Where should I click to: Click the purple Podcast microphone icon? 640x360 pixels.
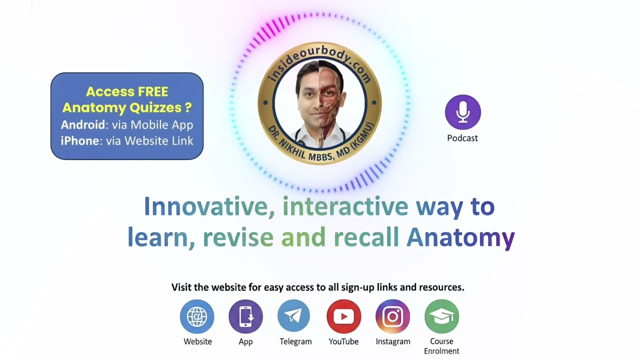(462, 112)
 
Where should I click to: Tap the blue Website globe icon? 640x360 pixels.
(197, 316)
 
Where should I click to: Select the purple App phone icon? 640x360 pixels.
(245, 316)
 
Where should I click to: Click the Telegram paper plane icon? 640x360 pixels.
(294, 316)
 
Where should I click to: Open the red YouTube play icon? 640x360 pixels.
(343, 316)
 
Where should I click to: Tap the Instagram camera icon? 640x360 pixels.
(392, 316)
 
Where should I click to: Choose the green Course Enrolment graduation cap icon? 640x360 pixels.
(441, 316)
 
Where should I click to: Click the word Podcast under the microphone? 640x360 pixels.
(462, 138)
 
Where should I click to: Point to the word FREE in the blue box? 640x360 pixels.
(149, 92)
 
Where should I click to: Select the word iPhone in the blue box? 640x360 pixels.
(79, 141)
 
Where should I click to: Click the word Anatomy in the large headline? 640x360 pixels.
(460, 237)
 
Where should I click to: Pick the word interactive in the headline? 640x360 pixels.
(345, 206)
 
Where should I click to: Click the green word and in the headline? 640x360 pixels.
(303, 237)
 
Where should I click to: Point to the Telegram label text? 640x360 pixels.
(295, 341)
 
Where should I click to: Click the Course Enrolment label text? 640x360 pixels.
(441, 346)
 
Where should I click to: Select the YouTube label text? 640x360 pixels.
(343, 341)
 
